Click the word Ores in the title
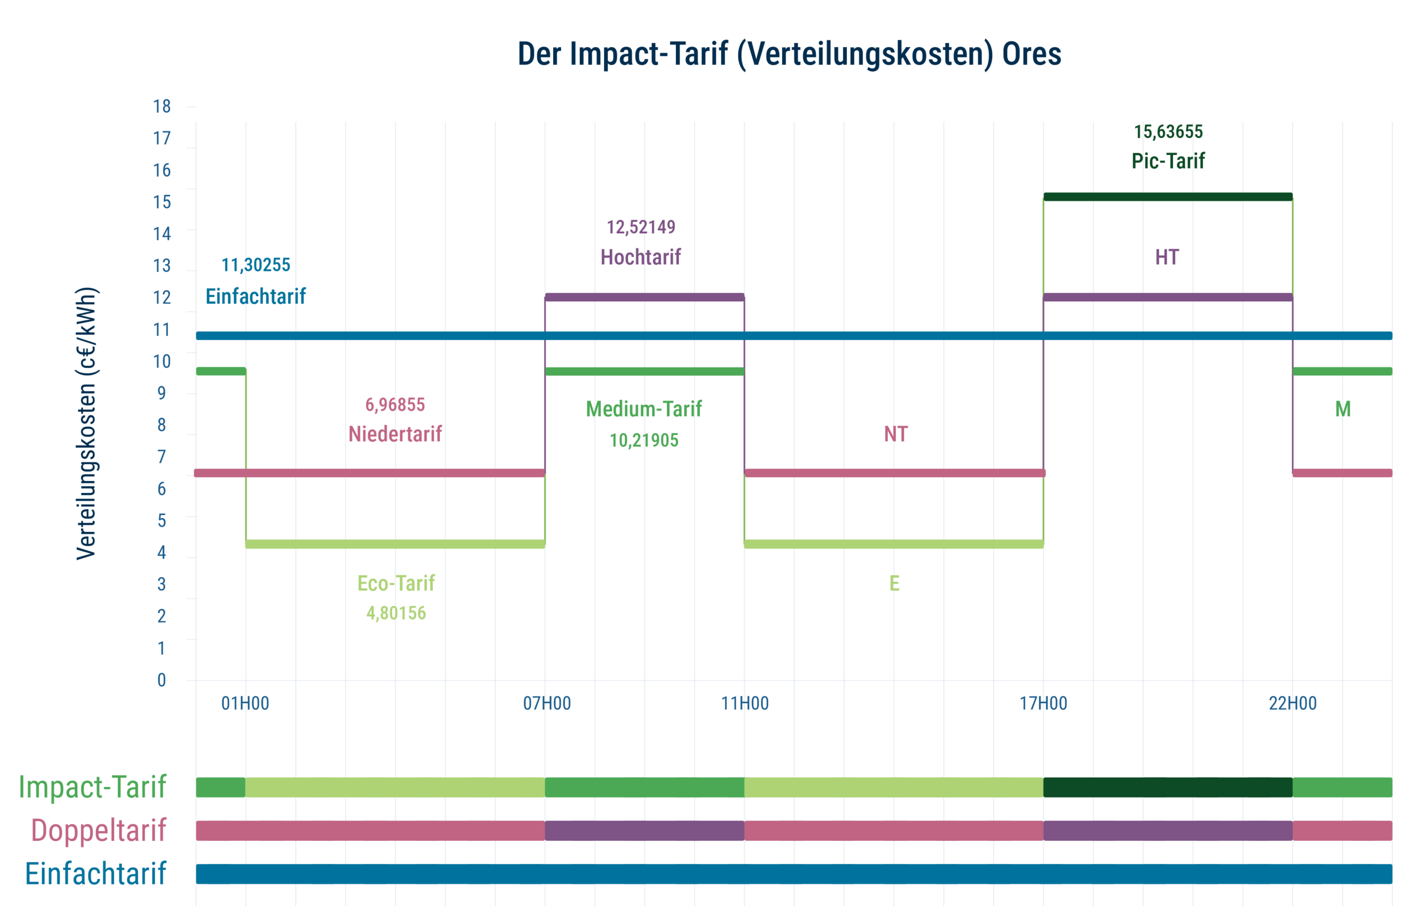point(1031,54)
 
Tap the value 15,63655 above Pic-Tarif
point(1168,132)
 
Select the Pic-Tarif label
point(1168,161)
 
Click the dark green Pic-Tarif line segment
point(1168,197)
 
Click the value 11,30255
point(256,265)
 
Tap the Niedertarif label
point(395,434)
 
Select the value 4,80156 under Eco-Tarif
point(396,613)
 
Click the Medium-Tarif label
point(643,409)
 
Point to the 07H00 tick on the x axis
point(547,703)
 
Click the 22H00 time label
point(1292,703)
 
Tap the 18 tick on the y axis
point(162,107)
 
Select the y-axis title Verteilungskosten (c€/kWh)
point(87,423)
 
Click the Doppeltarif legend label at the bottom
point(99,830)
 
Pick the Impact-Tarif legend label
point(92,787)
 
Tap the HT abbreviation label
point(1166,258)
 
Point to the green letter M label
point(1343,409)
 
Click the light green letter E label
point(894,583)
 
